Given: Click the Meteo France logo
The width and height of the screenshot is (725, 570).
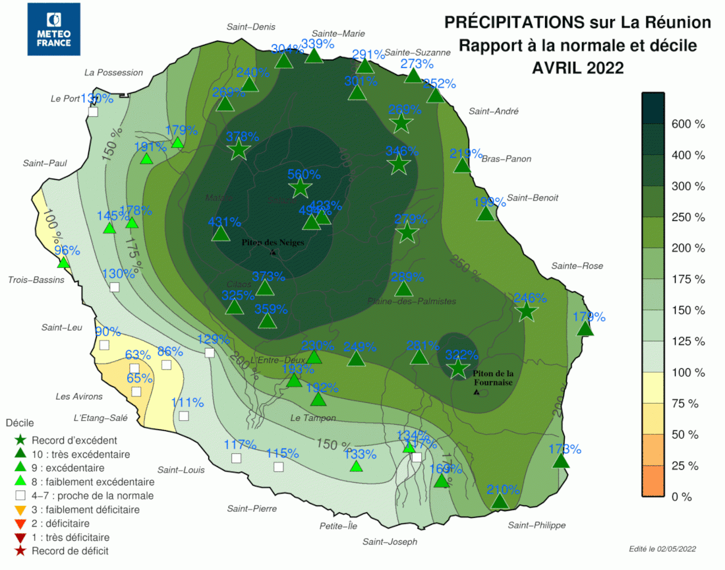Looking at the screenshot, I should [53, 29].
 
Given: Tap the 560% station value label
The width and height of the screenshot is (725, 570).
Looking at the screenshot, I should [304, 175].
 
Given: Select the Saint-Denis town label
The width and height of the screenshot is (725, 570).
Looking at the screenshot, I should [250, 27].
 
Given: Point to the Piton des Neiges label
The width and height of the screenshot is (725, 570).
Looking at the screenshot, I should [273, 243].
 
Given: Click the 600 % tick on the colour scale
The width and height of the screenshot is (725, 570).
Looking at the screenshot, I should [687, 124].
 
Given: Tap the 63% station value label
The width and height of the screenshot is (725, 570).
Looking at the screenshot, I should [138, 356].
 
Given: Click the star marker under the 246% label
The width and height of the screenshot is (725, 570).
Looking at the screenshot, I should [526, 311].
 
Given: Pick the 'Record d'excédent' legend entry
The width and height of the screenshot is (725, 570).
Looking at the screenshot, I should [74, 440].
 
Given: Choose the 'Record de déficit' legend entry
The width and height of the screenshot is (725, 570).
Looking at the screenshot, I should [70, 551].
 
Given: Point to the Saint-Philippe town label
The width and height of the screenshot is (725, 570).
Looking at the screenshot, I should [536, 525].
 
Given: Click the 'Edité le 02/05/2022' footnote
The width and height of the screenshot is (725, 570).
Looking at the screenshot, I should [662, 549].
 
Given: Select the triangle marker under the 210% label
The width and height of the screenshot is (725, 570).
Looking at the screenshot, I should [500, 502].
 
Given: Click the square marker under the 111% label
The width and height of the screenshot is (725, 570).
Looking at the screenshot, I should [184, 416].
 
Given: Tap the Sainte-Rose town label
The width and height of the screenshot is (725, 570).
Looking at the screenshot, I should [577, 266].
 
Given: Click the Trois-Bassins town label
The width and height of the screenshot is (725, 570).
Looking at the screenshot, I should [36, 280].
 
